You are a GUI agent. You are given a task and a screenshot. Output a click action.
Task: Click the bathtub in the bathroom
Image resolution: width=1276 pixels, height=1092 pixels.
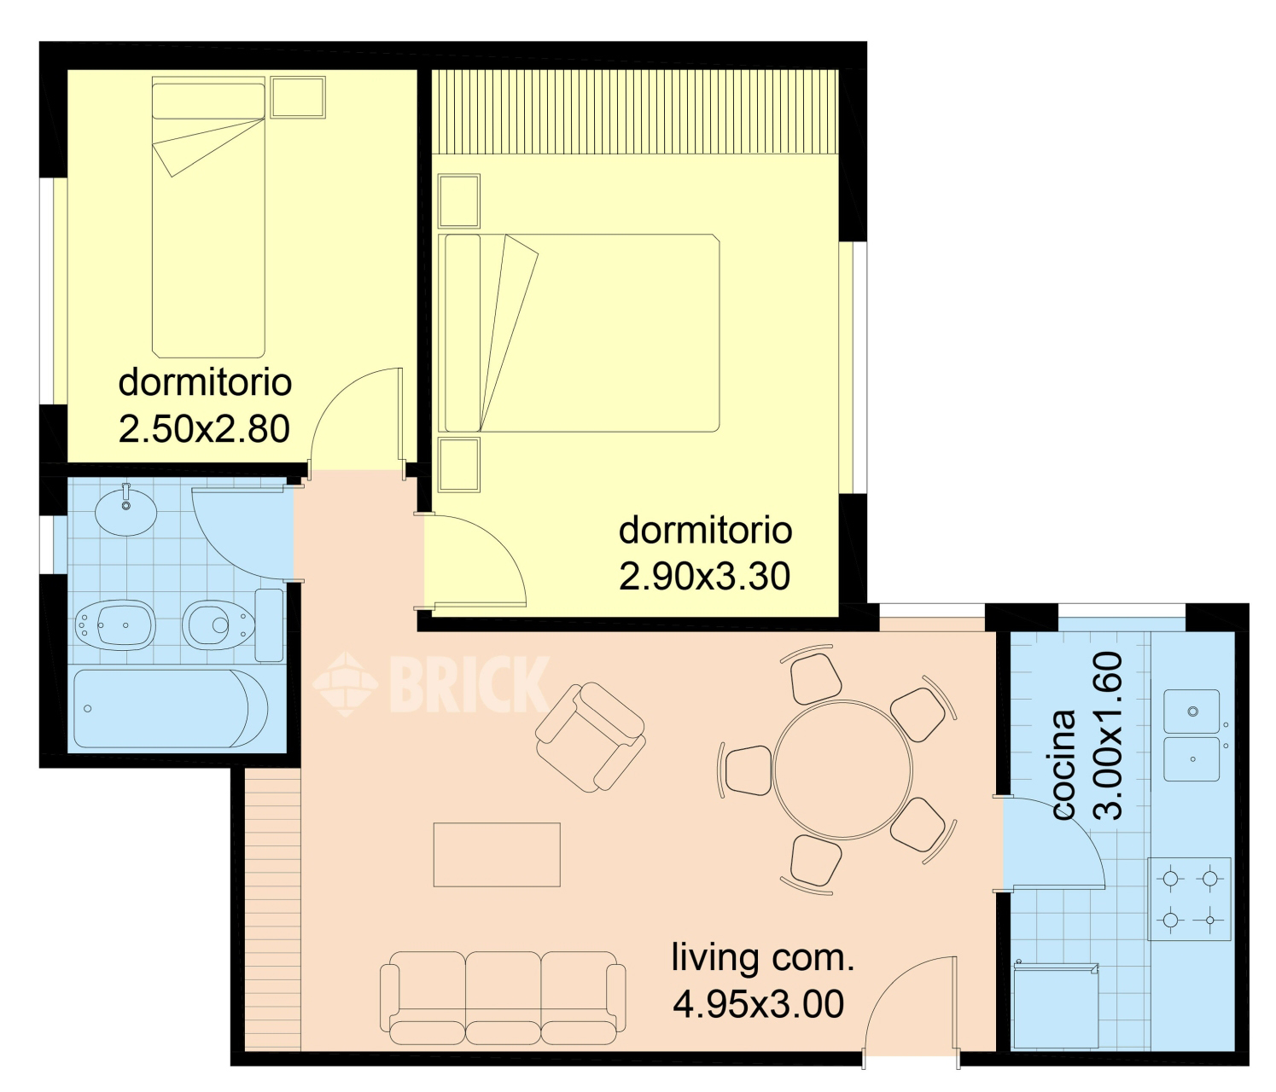[171, 709]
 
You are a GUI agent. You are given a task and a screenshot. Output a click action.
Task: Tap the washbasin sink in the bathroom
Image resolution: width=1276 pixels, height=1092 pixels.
[126, 512]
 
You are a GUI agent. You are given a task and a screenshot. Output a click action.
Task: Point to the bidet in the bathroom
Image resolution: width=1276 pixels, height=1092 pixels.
[115, 625]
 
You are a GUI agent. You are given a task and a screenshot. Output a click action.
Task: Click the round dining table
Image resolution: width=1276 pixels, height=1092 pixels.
[842, 770]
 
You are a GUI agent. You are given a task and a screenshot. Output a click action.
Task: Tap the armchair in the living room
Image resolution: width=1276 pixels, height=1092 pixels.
[590, 736]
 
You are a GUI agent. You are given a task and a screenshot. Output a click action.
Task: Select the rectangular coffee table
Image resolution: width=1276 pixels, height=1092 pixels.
[497, 855]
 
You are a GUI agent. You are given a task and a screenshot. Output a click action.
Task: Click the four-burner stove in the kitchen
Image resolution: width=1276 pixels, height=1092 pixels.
[1189, 899]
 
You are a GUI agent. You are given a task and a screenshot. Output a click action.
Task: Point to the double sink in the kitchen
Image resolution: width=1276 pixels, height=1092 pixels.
[1192, 735]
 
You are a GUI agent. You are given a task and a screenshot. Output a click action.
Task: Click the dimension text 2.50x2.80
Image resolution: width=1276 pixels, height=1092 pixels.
[204, 429]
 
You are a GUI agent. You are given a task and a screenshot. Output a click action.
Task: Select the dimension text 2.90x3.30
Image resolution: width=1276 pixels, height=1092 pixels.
[704, 578]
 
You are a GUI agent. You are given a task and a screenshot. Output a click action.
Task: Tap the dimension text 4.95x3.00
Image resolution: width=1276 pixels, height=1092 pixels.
[759, 1004]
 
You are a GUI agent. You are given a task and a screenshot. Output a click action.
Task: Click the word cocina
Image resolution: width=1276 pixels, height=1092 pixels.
[1064, 765]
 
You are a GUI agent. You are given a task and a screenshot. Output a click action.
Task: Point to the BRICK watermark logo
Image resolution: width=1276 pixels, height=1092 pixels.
[431, 684]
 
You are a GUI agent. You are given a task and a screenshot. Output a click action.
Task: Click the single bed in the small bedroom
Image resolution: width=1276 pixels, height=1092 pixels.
[208, 218]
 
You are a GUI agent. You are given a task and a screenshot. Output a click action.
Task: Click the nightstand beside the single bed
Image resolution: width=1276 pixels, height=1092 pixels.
[298, 97]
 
